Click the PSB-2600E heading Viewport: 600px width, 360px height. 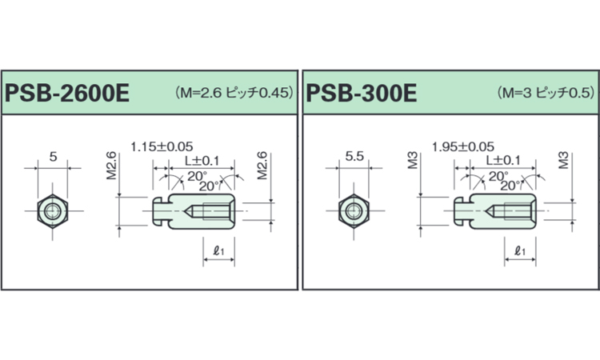coord(67,94)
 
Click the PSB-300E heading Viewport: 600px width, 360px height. coord(362,94)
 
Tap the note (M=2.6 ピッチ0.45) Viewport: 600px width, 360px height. coord(234,93)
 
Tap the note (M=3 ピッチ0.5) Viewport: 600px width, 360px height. coord(546,93)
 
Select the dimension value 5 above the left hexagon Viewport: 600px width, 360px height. coord(53,157)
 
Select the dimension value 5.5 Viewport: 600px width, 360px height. coord(354,157)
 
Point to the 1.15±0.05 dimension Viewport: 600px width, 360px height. coord(162,146)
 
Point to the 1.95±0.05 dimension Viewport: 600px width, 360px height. coord(463,146)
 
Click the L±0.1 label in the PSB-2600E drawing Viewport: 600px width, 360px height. coord(202,161)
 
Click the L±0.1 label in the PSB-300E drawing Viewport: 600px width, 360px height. coord(503,161)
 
